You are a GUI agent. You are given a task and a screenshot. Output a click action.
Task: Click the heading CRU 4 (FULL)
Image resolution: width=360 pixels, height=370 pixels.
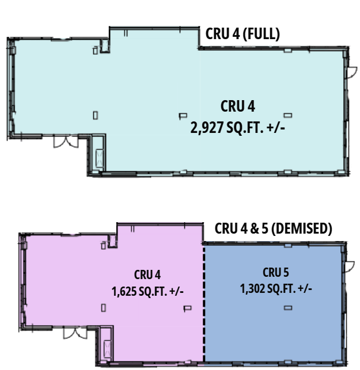(x=242, y=34)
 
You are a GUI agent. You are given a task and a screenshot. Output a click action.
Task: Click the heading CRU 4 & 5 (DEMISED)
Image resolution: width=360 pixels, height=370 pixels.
(x=273, y=228)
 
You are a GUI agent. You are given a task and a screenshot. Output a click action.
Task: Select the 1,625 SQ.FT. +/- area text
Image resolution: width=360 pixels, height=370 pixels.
(x=147, y=291)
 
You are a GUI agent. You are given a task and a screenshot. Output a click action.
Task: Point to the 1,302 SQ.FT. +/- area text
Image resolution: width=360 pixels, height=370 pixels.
(x=276, y=288)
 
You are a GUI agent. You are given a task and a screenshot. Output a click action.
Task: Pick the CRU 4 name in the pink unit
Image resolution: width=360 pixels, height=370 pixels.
(x=147, y=275)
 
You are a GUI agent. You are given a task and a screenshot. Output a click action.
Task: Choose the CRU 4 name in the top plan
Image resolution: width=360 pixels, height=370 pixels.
(x=237, y=106)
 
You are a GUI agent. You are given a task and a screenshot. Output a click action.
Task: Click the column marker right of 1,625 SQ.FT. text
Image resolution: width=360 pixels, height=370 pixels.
(x=186, y=308)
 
